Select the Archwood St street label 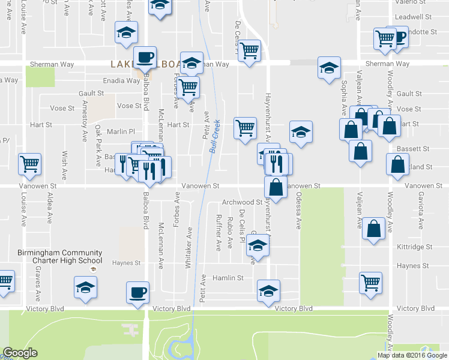pos(242,202)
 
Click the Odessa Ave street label pos(298,214)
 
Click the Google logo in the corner pos(20,352)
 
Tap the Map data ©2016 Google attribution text pos(412,355)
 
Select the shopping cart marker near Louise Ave pos(29,163)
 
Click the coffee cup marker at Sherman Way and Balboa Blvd pos(144,58)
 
